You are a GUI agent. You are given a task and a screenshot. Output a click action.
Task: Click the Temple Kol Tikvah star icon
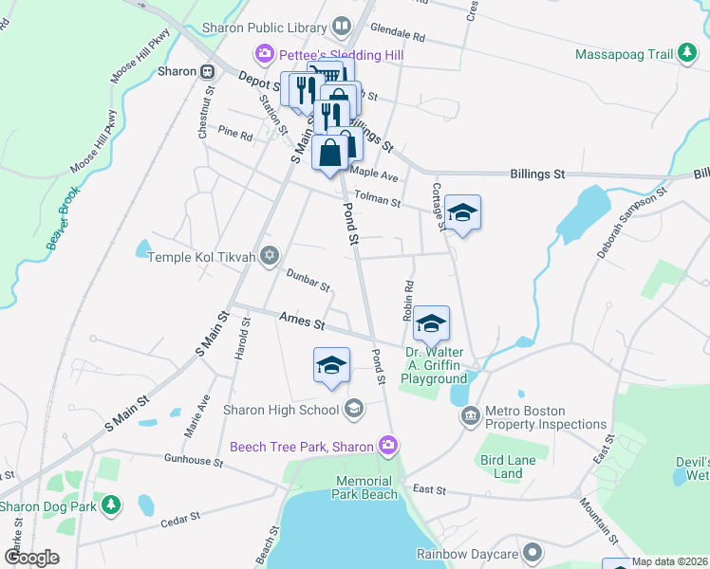[x=270, y=256]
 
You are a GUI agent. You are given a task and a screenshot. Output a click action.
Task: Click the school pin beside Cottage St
[x=462, y=214]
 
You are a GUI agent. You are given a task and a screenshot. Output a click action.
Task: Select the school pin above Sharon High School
[x=331, y=365]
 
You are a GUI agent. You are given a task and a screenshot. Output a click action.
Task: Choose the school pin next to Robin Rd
[x=431, y=324]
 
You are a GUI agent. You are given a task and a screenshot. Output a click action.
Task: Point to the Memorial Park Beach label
[x=366, y=488]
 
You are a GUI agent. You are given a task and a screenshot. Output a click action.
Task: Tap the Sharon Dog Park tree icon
[x=112, y=505]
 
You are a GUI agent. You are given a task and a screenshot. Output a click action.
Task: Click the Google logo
[x=31, y=558]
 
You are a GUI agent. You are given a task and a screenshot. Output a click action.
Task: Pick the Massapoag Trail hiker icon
[x=686, y=55]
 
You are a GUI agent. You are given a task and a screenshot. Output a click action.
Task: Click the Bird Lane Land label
[x=515, y=467]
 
